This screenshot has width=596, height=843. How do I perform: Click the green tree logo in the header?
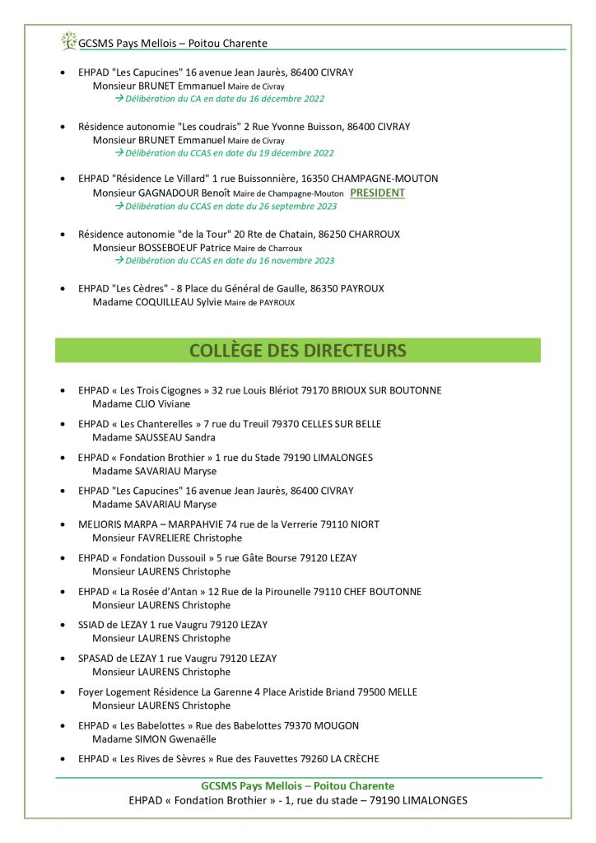[68, 41]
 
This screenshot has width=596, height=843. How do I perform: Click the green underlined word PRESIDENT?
[377, 193]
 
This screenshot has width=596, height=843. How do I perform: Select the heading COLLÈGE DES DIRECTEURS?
[297, 351]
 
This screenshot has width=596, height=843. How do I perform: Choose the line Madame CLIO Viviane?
[141, 404]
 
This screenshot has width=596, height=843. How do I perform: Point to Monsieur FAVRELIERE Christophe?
[167, 538]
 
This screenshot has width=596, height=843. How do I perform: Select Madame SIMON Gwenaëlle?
[153, 739]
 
